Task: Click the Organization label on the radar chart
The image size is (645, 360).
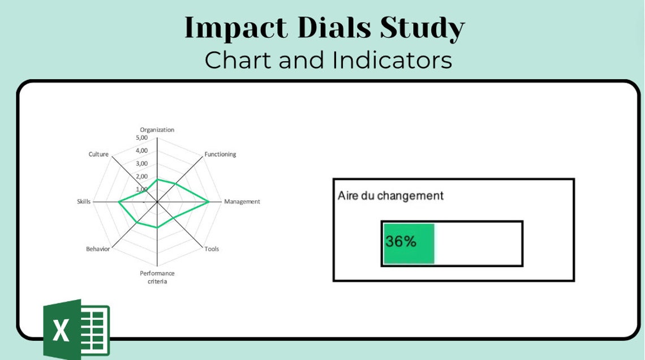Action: click(x=157, y=130)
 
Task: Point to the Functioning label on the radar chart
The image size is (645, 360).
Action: click(x=220, y=155)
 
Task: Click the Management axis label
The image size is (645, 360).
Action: click(x=242, y=202)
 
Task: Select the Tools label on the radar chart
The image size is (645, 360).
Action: click(x=212, y=249)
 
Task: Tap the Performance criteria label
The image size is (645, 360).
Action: click(x=157, y=277)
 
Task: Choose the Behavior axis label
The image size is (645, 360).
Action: click(x=98, y=249)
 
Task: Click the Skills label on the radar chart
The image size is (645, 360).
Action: click(x=84, y=202)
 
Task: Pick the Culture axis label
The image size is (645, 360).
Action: click(x=98, y=155)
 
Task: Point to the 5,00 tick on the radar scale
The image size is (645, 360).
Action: click(x=141, y=138)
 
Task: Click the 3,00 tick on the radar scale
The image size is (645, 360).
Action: click(x=141, y=164)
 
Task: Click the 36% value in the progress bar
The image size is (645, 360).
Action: click(x=401, y=242)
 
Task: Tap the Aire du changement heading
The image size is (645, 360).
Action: click(x=390, y=196)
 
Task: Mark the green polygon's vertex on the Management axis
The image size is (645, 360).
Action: click(x=209, y=202)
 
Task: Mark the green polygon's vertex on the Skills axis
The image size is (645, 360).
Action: click(x=119, y=202)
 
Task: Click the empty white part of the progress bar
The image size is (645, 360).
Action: click(x=478, y=243)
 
